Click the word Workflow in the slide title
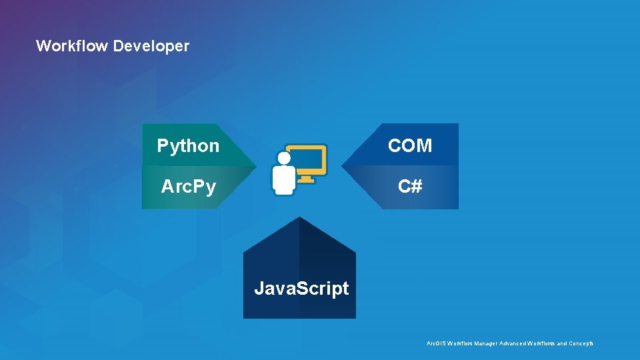[x=72, y=46]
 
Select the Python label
[x=188, y=145]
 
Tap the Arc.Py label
[x=189, y=187]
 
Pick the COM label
[x=410, y=145]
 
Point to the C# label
[x=410, y=187]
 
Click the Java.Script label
[x=301, y=289]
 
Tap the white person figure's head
[x=284, y=158]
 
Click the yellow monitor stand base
[x=306, y=179]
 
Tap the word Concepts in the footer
[x=580, y=343]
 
